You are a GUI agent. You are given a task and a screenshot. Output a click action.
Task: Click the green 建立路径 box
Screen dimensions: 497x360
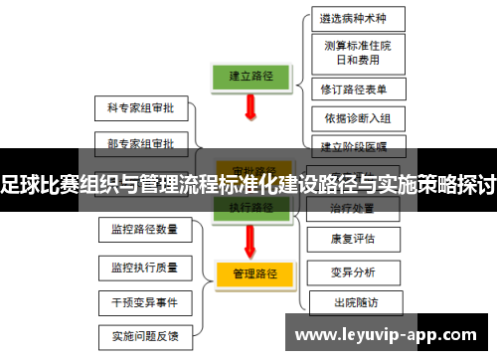coord(252,76)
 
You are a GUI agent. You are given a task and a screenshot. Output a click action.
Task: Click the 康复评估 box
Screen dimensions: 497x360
coord(352,239)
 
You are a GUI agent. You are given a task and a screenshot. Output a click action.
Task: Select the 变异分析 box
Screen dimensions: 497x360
coord(352,270)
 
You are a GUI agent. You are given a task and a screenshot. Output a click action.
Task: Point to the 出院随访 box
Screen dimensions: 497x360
coord(352,301)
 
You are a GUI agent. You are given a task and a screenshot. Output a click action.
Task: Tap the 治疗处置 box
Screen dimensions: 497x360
coord(352,208)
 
